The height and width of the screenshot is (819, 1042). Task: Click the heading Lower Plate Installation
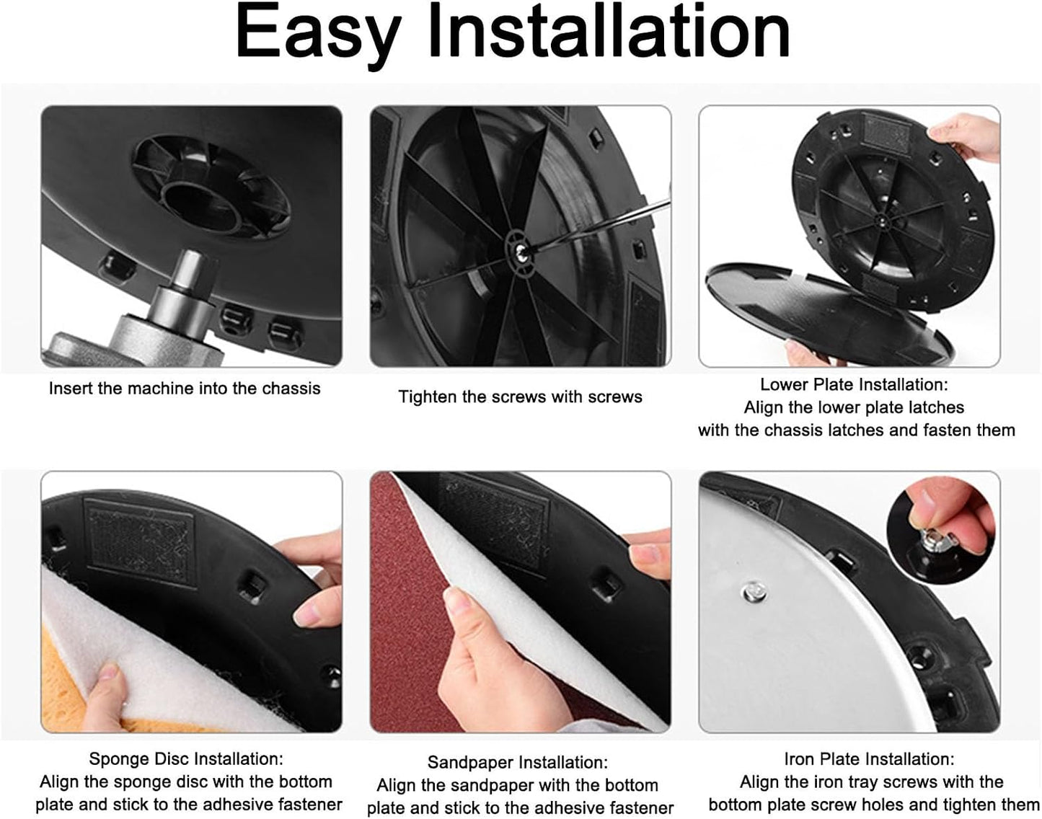(854, 384)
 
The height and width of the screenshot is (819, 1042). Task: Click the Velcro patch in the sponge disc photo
(141, 542)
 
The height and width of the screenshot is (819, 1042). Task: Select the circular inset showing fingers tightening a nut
(941, 530)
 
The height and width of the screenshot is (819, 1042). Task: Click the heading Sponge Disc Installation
(186, 758)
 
